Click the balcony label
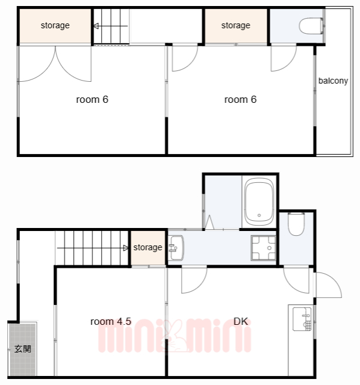coord(333,81)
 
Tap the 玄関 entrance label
coord(23,349)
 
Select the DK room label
coord(241,321)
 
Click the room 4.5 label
coord(111,321)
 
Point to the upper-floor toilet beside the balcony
coord(311,25)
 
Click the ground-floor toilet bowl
coord(296,224)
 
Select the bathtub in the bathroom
coord(259,202)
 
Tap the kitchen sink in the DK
coord(302,319)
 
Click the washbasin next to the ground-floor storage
coord(176,248)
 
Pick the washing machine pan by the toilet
coord(263,248)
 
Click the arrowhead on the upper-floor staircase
coord(96,26)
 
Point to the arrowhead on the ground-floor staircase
coord(126,248)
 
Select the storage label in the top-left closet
coord(55,25)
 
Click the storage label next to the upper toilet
coord(235,25)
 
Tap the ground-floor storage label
coord(147,247)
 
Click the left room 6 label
coord(92,99)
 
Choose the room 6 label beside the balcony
coord(240,99)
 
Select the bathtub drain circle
coord(259,215)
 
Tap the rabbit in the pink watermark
coord(175,336)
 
